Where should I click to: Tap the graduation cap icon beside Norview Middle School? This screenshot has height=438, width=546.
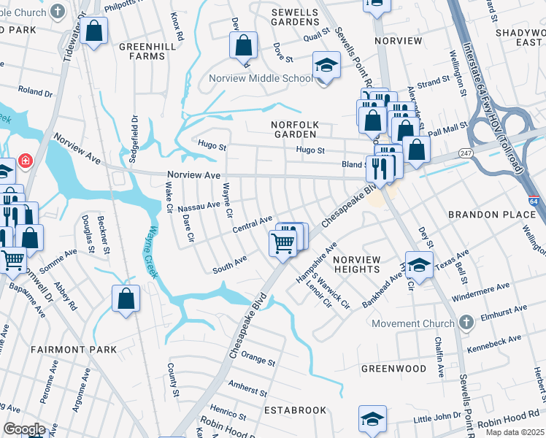click(326, 65)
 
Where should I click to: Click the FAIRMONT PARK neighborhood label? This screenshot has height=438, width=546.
click(74, 350)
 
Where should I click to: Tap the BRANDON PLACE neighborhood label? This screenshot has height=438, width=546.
click(492, 215)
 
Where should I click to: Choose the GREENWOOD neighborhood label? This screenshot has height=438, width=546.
click(393, 369)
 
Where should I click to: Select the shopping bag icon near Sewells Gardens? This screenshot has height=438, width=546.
click(244, 45)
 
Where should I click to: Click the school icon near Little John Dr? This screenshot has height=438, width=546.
click(372, 419)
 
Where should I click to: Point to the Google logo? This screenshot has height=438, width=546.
click(24, 429)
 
